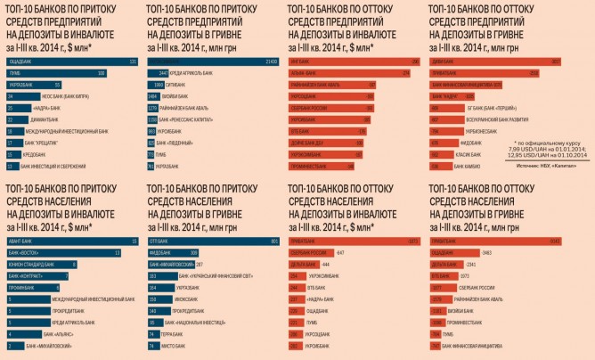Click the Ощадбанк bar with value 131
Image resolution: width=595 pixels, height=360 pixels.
(x=71, y=61)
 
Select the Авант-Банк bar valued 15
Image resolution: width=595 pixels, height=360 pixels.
(x=71, y=241)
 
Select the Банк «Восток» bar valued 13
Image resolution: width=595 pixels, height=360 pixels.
(x=62, y=252)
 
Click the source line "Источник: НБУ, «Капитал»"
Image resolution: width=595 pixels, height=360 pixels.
(x=543, y=166)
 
